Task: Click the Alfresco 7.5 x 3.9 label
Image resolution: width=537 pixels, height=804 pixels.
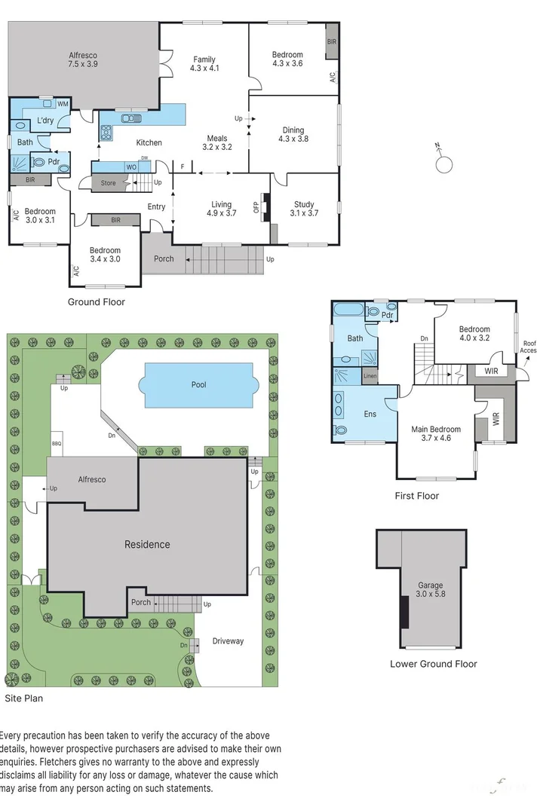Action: point(83,60)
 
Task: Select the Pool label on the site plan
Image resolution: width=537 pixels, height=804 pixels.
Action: point(198,385)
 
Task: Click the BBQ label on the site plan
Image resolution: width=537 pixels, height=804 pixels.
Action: point(57,444)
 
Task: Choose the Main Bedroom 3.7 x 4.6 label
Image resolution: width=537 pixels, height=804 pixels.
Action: point(435,433)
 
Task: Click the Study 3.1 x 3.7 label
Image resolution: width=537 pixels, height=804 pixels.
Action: point(304,209)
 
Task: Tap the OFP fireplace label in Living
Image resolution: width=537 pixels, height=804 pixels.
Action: point(256,207)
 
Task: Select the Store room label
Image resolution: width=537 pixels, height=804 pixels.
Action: point(109,183)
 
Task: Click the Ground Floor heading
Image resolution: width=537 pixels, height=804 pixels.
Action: point(97,302)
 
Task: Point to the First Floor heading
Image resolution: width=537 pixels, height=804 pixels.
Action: point(416,496)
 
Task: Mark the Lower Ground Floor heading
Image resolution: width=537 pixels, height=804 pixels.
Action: point(433,664)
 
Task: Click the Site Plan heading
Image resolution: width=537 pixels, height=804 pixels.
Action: point(23,699)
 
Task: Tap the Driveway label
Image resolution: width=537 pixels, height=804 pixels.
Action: point(228,641)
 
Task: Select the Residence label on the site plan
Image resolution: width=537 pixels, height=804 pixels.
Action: point(147,544)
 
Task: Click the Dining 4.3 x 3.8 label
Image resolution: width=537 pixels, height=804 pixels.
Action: point(293,134)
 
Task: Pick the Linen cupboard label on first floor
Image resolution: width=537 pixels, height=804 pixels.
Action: point(370,375)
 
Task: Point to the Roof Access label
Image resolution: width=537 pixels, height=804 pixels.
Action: point(529,347)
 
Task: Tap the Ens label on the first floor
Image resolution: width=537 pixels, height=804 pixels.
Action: point(370,414)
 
